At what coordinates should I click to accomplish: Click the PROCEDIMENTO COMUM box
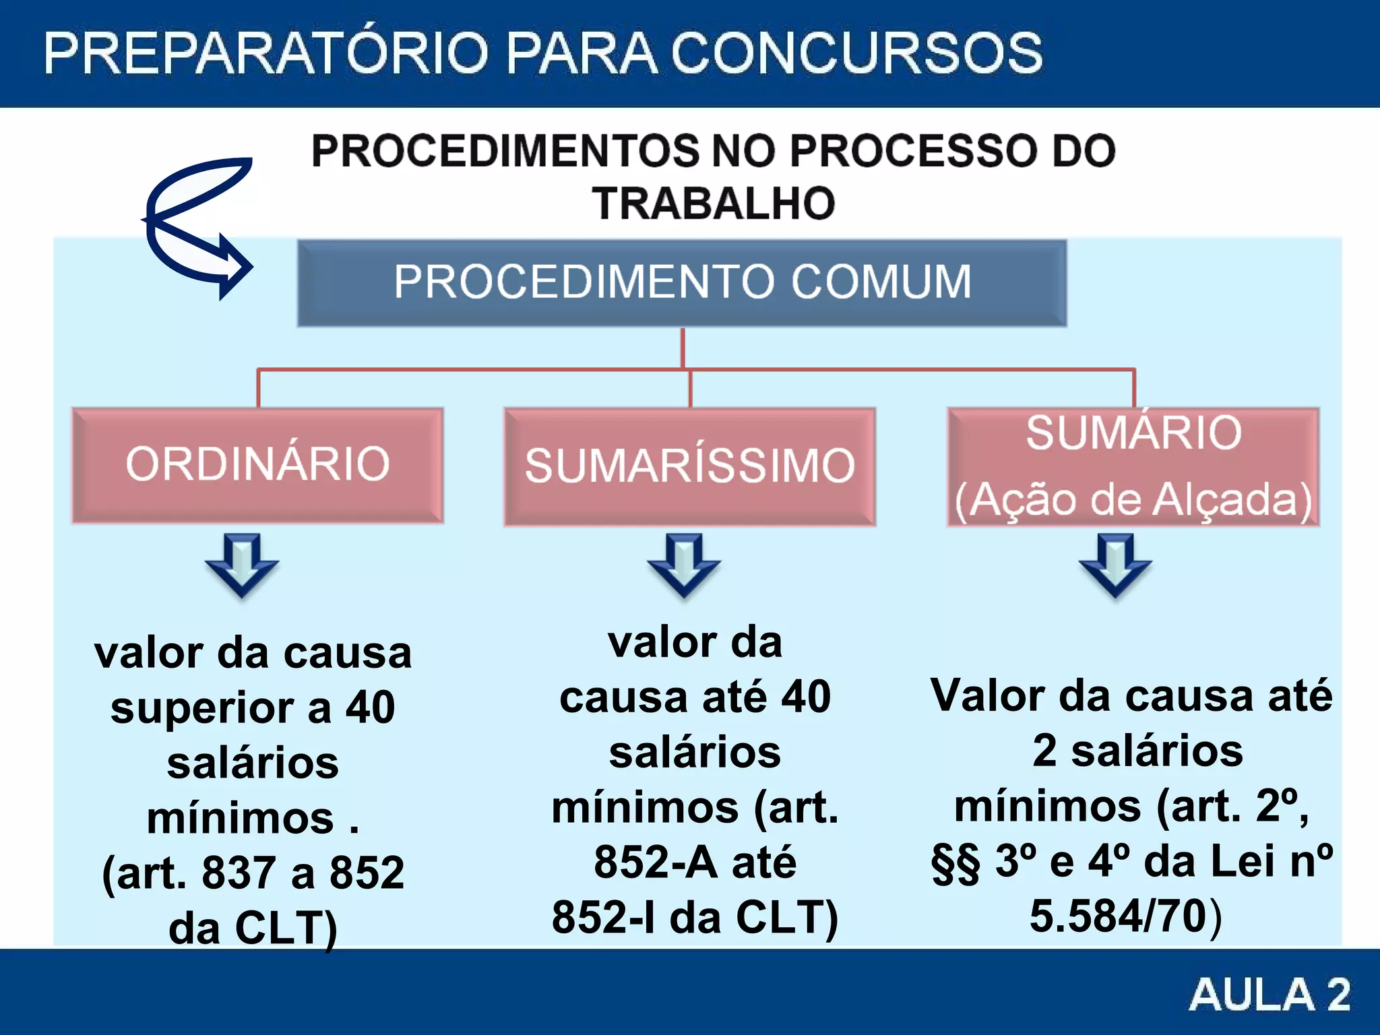coord(682,283)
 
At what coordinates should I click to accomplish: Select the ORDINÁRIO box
coord(257,465)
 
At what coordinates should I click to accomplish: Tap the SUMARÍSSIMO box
coord(689,466)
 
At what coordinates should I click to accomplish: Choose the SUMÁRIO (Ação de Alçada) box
coord(1133,466)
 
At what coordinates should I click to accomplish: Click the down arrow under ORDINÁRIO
coord(242,565)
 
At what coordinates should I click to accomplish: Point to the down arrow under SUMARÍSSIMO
coord(684,565)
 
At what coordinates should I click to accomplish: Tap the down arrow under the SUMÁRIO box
coord(1115,565)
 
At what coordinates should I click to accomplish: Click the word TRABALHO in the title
coord(713,203)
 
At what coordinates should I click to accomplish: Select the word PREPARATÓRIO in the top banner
coord(266,54)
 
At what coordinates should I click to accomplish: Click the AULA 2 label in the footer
coord(1270,995)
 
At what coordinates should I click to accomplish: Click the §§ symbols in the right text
coord(955,862)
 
